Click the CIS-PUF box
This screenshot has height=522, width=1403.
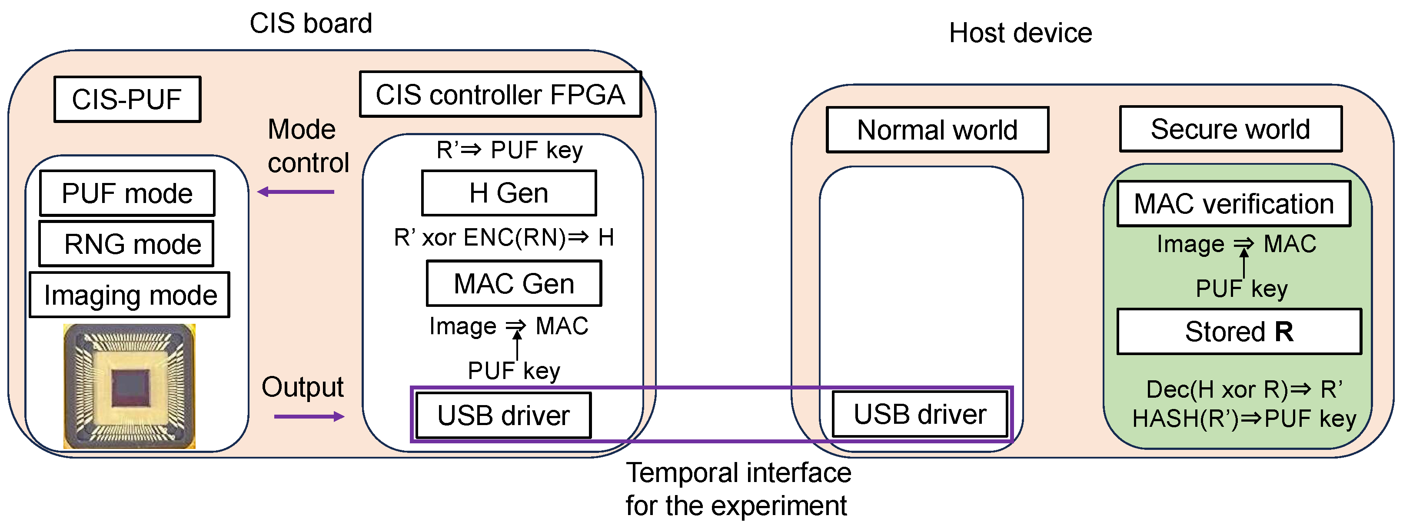point(127,99)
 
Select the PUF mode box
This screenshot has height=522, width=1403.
point(127,193)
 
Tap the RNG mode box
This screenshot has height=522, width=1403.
point(126,243)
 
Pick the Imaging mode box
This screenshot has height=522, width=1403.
point(130,295)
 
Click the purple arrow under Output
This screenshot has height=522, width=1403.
point(309,417)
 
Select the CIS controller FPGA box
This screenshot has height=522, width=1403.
point(500,94)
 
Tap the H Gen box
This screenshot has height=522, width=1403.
point(509,193)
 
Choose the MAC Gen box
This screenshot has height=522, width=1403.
point(514,283)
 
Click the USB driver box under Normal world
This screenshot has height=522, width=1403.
point(919,414)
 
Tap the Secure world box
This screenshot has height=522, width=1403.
point(1230,129)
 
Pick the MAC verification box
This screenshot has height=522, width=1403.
point(1233,204)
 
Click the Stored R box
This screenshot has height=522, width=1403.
point(1239,332)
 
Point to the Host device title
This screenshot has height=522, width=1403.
point(1020,33)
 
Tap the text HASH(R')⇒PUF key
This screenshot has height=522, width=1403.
point(1243,419)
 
